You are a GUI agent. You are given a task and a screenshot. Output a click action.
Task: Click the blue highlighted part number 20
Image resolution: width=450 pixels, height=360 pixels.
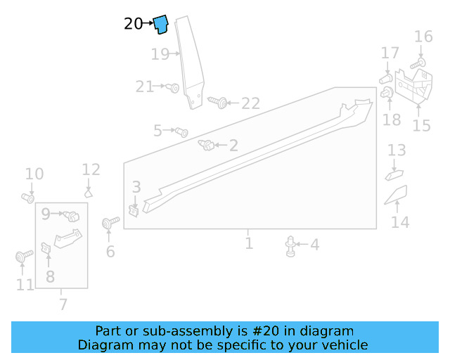(x=161, y=25)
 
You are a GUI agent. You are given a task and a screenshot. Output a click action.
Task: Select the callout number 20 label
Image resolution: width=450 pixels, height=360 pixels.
(x=133, y=24)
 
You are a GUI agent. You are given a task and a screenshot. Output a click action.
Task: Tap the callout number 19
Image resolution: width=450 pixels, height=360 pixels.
(x=160, y=53)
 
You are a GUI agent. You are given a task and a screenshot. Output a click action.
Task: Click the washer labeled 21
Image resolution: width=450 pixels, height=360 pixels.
(x=173, y=87)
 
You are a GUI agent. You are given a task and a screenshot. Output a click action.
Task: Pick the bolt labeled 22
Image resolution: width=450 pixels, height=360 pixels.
(x=219, y=103)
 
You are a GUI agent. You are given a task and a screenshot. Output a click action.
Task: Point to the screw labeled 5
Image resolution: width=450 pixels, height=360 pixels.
(x=181, y=131)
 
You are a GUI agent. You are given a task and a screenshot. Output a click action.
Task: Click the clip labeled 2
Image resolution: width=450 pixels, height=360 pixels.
(x=207, y=146)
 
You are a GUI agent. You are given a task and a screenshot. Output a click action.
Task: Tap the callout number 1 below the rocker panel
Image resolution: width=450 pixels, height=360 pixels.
(x=249, y=244)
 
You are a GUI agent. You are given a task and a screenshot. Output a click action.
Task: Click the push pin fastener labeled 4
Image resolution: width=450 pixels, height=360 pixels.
(x=290, y=245)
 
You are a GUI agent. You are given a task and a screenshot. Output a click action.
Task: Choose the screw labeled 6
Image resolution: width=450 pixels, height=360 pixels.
(x=108, y=224)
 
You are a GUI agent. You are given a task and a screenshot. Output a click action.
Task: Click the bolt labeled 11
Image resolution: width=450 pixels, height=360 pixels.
(x=20, y=257)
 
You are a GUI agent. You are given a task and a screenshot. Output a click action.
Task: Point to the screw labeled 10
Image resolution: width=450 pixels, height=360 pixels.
(x=27, y=198)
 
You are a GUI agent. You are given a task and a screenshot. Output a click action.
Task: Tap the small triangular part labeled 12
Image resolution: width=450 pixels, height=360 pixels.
(x=89, y=191)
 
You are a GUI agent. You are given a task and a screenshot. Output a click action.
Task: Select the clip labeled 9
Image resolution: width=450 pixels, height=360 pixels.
(x=70, y=216)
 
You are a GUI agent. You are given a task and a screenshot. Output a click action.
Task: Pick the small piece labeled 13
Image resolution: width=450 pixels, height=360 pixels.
(x=394, y=173)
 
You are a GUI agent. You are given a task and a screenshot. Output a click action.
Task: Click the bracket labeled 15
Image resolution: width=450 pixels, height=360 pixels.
(x=415, y=87)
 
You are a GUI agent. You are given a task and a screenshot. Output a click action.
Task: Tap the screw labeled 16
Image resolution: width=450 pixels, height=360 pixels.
(x=416, y=64)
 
